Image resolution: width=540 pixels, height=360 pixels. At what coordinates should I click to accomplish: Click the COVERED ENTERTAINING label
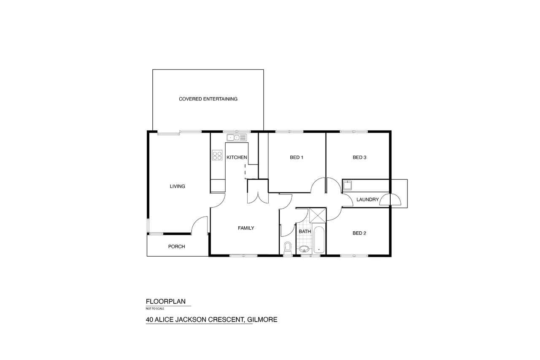pos(208,99)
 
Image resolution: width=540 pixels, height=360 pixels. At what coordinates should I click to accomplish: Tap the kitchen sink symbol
pos(237,138)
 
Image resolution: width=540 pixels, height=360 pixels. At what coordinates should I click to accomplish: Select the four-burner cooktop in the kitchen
pos(217,155)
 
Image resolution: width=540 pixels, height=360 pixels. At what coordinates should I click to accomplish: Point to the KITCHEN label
pos(237,157)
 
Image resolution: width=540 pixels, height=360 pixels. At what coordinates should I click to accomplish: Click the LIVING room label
pos(178,186)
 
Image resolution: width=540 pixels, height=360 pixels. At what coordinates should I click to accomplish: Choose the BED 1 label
pos(297,157)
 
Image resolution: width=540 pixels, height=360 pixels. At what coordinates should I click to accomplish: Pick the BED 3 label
pos(359,157)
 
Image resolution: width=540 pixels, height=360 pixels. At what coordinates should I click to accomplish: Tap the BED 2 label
pos(359,233)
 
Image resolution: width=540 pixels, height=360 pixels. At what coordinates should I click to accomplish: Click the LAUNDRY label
pos(367,200)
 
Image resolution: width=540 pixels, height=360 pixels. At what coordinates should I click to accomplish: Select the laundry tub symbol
pos(347,185)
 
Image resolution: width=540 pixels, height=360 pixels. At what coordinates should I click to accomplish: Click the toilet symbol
pos(287,249)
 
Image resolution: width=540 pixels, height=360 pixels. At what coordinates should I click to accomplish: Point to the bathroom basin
pos(304,249)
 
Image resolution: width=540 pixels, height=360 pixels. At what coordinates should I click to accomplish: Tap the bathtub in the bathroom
pos(319,240)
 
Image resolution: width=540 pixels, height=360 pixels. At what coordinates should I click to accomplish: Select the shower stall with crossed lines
pos(318,215)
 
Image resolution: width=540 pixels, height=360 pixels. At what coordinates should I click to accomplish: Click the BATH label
pos(305,231)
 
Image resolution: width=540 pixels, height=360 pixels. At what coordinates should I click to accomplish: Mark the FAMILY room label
pos(246,228)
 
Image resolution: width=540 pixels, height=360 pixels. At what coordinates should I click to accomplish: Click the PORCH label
pos(176,246)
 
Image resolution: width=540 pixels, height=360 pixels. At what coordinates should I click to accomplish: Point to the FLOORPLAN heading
pos(166,301)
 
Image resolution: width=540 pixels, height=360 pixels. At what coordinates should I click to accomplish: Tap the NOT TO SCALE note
pos(155,309)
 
